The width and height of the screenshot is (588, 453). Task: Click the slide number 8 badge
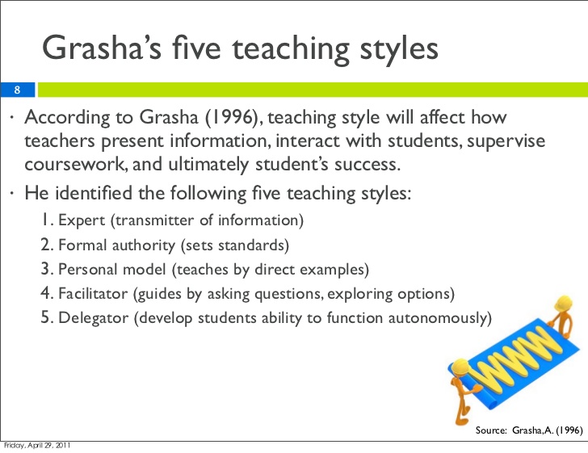[16, 90]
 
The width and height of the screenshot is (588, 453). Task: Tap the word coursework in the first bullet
[73, 166]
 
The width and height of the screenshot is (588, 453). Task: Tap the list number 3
[46, 269]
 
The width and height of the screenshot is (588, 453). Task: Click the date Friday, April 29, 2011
[37, 447]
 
